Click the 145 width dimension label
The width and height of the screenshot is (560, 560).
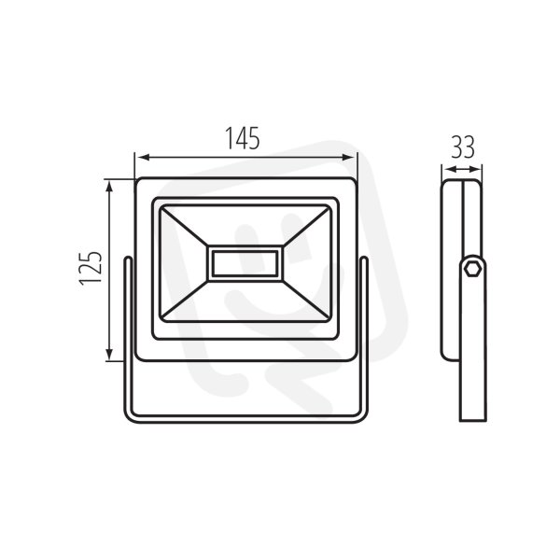pyautogui.click(x=242, y=138)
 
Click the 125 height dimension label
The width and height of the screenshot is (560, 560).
pyautogui.click(x=91, y=268)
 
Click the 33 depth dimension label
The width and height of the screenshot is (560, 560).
pyautogui.click(x=463, y=147)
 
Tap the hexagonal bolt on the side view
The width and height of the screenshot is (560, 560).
pyautogui.click(x=472, y=268)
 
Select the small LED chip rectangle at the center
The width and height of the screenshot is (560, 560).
pyautogui.click(x=245, y=263)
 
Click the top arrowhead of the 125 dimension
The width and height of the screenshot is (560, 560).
pyautogui.click(x=110, y=187)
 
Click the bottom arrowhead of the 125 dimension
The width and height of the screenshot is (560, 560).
pyautogui.click(x=110, y=354)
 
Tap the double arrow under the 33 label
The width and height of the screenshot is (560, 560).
pyautogui.click(x=462, y=169)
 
